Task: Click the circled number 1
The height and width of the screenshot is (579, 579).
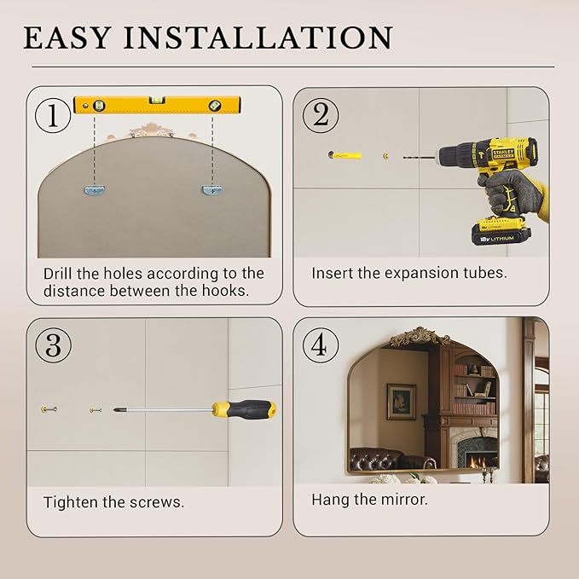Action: point(52,116)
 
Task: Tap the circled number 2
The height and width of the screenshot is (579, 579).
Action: point(320,116)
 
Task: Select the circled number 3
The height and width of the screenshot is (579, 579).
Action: point(53,345)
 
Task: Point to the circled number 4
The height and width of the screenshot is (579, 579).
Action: point(320,345)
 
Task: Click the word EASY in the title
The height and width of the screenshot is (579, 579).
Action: point(67,38)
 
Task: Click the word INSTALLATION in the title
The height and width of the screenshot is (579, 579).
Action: point(258,38)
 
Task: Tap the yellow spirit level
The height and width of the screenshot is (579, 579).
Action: point(157,105)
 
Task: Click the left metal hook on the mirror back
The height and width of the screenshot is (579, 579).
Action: point(96,190)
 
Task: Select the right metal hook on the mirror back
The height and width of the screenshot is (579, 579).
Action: point(213,190)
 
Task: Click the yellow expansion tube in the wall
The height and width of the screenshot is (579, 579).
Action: point(345,155)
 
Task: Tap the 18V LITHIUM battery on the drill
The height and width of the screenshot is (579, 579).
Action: point(501,231)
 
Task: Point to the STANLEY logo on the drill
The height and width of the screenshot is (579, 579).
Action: point(503,153)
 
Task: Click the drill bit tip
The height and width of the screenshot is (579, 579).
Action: point(404,158)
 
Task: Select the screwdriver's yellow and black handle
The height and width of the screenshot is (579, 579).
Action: point(244,409)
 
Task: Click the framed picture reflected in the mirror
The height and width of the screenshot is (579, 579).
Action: point(401,402)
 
